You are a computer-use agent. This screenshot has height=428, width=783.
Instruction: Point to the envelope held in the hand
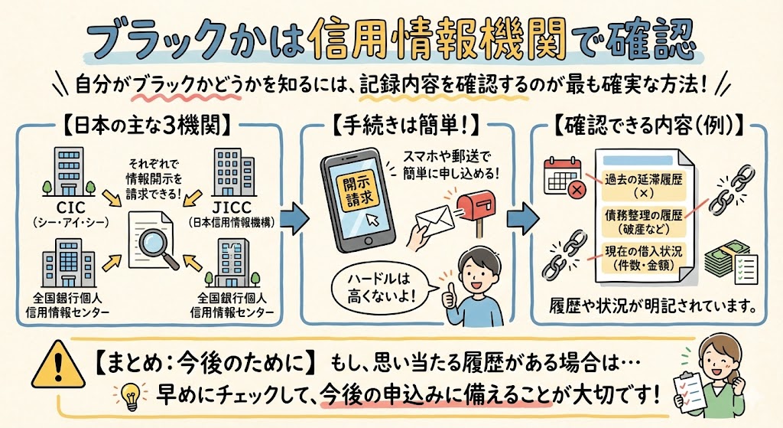tap(432, 221)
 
